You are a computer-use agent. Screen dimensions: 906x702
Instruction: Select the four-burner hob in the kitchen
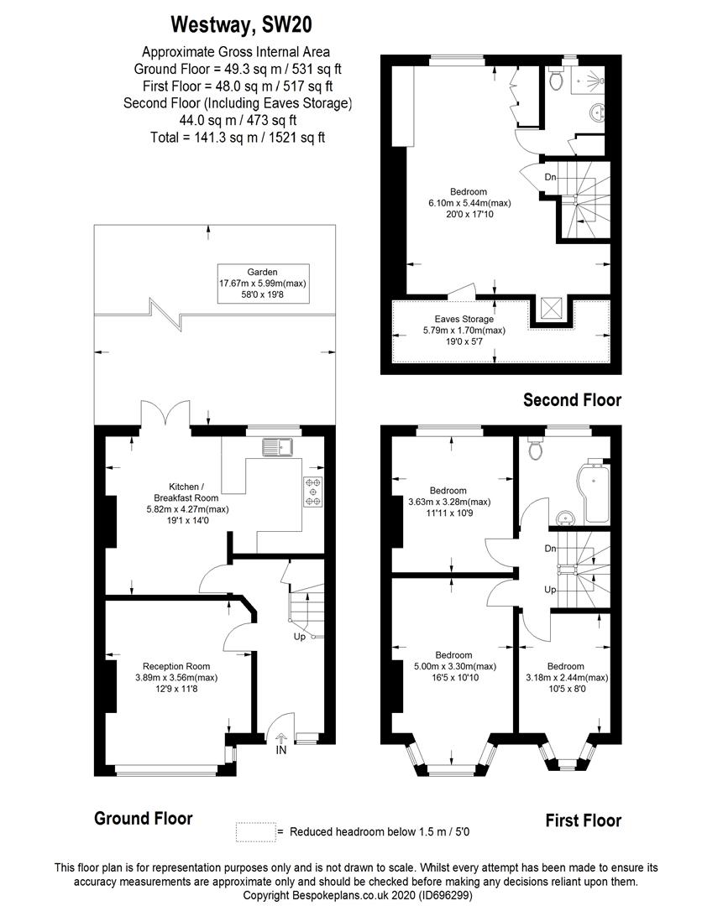[313, 492]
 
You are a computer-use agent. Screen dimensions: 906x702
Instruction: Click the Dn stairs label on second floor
[550, 177]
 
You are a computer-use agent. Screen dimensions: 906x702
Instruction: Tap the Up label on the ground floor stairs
[299, 637]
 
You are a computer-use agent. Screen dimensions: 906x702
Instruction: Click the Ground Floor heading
[143, 818]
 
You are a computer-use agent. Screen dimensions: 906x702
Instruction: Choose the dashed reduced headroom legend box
[255, 831]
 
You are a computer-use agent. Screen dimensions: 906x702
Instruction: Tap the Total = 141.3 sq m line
[236, 137]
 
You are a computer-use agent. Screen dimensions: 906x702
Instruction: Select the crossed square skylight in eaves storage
[550, 310]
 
